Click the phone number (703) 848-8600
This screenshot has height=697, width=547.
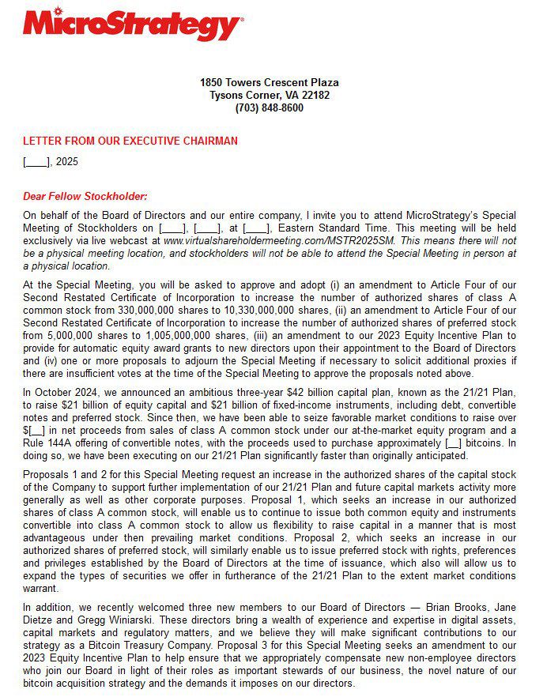(x=269, y=108)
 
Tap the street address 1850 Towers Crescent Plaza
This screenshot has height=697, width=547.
(x=269, y=82)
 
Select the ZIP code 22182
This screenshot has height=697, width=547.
(x=315, y=96)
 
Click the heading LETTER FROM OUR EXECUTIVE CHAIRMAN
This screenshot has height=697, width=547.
(x=130, y=141)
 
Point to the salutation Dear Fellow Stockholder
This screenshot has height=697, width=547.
(x=85, y=196)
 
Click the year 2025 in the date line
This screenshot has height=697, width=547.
(x=66, y=162)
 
